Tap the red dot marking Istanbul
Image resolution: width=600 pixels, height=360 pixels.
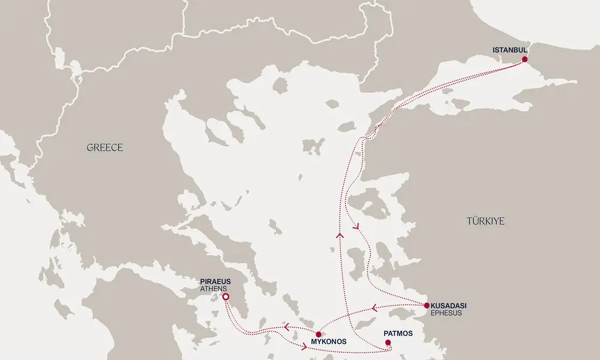tap(525, 59)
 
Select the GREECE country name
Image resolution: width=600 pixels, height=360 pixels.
tap(104, 148)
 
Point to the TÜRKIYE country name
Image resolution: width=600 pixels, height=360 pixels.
tap(485, 221)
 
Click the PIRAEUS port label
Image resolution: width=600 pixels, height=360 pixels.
tap(216, 281)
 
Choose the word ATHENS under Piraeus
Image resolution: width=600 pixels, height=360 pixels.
tap(215, 289)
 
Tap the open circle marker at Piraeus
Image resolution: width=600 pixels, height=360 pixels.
tap(226, 297)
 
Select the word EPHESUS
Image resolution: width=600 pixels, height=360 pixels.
tap(447, 313)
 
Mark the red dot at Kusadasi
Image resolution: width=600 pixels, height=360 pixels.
tap(427, 305)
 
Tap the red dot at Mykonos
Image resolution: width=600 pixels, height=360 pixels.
tap(319, 334)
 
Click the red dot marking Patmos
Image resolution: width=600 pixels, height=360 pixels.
tap(388, 343)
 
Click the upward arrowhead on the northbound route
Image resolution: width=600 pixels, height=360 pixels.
tap(338, 235)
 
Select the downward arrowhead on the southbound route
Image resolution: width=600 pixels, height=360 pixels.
tap(358, 227)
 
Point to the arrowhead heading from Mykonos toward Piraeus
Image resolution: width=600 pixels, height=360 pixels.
tap(287, 327)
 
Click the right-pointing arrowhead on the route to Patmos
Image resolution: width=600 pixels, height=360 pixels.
tap(306, 347)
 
